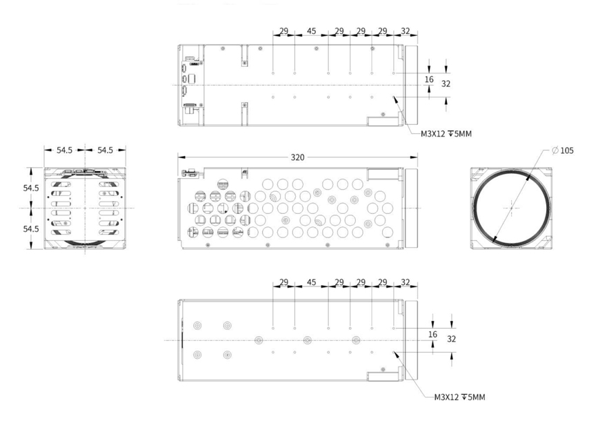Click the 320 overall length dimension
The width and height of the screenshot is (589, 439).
pyautogui.click(x=297, y=157)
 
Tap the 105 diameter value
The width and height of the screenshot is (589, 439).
pyautogui.click(x=567, y=150)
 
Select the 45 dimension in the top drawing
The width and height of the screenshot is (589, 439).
pyautogui.click(x=311, y=31)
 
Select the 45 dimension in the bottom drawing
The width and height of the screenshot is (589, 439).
pyautogui.click(x=311, y=282)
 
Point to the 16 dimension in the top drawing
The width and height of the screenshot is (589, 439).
pyautogui.click(x=429, y=80)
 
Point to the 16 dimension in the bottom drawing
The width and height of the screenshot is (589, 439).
pyautogui.click(x=432, y=334)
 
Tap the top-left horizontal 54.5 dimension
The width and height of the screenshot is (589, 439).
pyautogui.click(x=64, y=150)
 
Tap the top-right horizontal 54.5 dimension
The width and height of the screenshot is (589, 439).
pyautogui.click(x=105, y=150)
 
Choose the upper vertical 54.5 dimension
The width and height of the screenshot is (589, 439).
pyautogui.click(x=30, y=188)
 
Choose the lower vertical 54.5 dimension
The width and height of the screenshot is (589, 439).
pyautogui.click(x=30, y=228)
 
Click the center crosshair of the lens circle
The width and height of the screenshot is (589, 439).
pyautogui.click(x=511, y=207)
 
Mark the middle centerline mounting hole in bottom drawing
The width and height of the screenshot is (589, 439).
pyautogui.click(x=307, y=340)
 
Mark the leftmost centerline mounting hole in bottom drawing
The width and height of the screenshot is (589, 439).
pyautogui.click(x=259, y=340)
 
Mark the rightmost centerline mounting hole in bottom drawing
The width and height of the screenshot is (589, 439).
pyautogui.click(x=356, y=340)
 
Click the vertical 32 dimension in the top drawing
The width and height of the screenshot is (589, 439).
pyautogui.click(x=446, y=84)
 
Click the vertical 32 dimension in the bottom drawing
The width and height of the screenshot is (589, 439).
pyautogui.click(x=452, y=339)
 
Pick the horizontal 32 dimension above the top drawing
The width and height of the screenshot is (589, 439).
pyautogui.click(x=405, y=31)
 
